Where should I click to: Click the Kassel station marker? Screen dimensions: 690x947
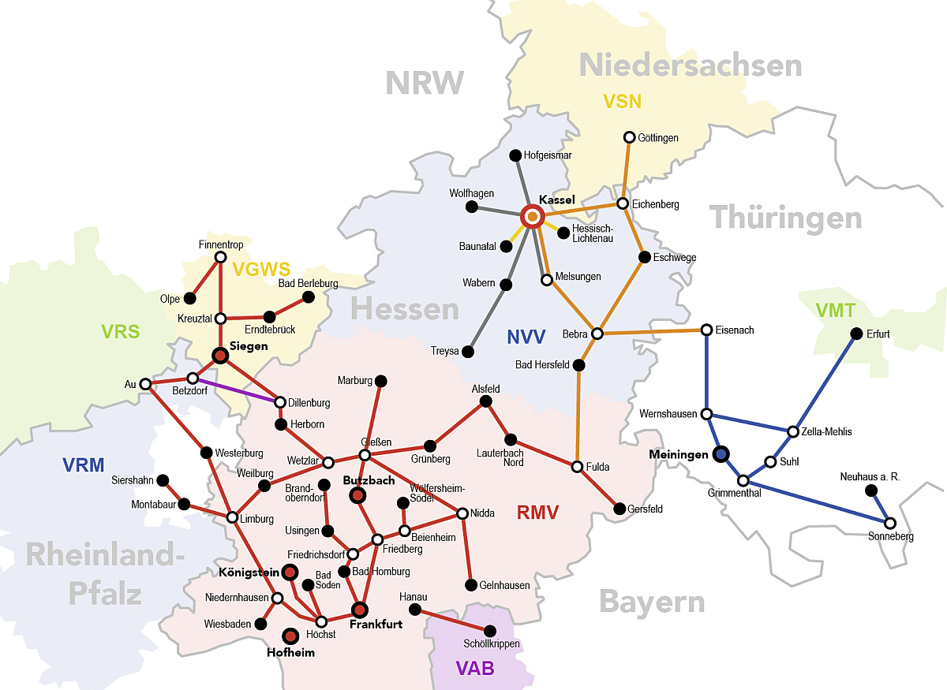coord(533,216)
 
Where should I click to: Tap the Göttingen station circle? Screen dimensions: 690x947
coord(630,137)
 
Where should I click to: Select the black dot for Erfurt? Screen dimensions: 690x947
coord(856,334)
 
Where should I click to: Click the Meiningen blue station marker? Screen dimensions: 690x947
coord(721,454)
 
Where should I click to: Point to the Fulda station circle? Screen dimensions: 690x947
coord(578,467)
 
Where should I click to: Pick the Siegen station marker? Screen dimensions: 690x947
coord(221,356)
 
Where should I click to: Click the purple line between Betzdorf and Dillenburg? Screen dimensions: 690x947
coord(237,390)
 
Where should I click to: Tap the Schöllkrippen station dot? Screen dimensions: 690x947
coord(490,631)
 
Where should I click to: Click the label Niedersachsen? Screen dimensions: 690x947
coord(691,65)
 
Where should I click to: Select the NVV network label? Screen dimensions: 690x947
coord(526,338)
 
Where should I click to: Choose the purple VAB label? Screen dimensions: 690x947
coord(475,669)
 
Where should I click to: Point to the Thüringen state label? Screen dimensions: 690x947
coord(786,218)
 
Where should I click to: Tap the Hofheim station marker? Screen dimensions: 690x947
coord(290,636)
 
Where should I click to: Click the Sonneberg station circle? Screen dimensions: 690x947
coord(890,523)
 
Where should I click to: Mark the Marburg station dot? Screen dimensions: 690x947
coord(380,381)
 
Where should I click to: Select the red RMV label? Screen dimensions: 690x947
coord(537,513)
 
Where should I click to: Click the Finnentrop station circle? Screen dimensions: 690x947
coord(221,257)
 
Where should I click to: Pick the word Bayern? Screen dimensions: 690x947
coord(651,602)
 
